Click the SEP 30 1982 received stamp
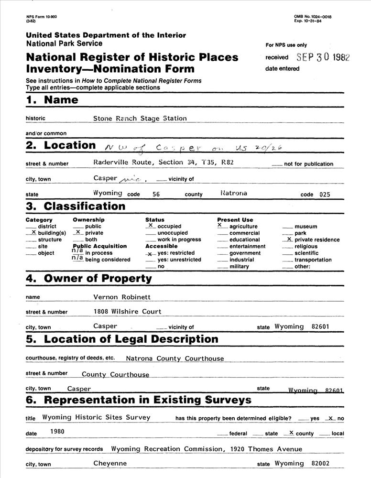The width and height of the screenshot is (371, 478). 323,57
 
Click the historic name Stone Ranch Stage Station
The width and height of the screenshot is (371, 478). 140,118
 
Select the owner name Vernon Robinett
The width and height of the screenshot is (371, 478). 121,297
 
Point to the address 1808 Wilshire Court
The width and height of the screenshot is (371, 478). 127,312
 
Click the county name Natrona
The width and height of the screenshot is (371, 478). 234,194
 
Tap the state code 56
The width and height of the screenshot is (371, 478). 156,195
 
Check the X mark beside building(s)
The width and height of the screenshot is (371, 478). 33,232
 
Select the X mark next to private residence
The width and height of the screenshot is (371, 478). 289,239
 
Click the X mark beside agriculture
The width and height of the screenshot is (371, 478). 220,225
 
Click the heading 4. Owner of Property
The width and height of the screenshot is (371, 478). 89,279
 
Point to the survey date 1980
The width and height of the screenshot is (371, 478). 57,432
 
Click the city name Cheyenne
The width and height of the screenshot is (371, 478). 110,463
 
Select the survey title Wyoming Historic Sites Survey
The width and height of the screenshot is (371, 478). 96,417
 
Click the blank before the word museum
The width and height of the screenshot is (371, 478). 287,227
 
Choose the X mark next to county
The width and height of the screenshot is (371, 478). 291,432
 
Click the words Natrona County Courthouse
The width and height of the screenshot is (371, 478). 175,358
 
